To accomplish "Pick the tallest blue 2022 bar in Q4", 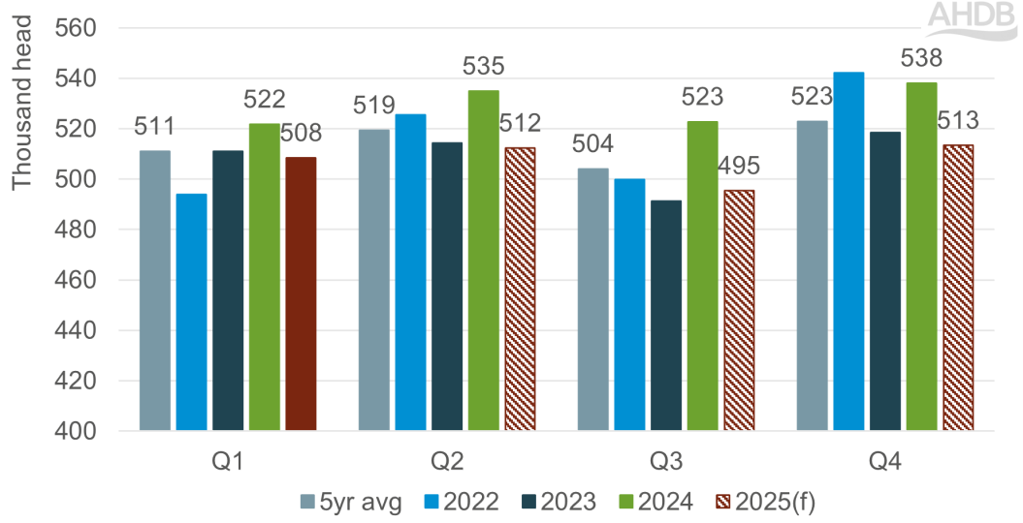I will click(848, 251).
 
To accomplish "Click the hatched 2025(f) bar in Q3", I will click(739, 310).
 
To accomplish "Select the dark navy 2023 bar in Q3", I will click(666, 315).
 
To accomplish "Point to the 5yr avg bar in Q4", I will click(812, 275).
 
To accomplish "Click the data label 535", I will click(483, 68).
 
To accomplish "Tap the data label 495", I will click(739, 165).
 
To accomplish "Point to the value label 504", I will click(592, 144).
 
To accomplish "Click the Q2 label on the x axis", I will click(447, 462).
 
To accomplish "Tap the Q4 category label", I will click(884, 462).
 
